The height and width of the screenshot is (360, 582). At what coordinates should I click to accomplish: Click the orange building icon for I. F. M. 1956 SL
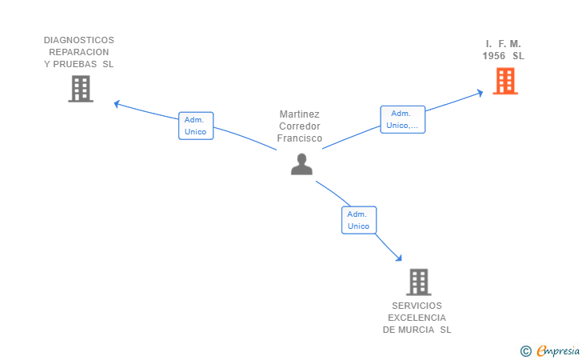point(504,81)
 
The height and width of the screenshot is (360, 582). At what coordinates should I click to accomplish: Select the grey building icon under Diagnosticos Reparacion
point(81,89)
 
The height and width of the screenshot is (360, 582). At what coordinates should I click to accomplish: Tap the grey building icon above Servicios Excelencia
point(418,282)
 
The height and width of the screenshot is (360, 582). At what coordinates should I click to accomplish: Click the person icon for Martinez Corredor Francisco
point(301,163)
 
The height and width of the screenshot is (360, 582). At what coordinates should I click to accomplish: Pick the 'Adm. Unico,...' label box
point(402,119)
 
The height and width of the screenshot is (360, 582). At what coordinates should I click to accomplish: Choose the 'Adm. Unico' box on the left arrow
point(195,126)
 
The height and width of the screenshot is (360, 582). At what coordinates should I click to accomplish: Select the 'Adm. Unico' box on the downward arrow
point(359,220)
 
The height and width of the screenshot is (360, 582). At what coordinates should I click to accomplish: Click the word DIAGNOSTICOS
point(79,40)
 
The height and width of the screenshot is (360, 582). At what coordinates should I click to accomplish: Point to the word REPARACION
point(79,52)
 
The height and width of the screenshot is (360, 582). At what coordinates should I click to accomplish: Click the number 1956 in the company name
point(494,56)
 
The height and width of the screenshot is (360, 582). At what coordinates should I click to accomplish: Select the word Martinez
point(300,114)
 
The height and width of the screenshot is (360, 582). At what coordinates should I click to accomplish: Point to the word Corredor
point(300,126)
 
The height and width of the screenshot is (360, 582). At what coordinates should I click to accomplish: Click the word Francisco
point(300,138)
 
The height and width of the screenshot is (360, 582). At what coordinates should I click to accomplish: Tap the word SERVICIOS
point(417,306)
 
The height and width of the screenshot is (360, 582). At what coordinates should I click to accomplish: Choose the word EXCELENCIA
point(417,318)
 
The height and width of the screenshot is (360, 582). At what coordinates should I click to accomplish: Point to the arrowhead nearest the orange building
point(480,92)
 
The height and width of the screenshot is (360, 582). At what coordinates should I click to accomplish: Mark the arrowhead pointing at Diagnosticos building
point(117,102)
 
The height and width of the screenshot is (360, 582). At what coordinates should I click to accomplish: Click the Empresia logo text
point(558,350)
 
